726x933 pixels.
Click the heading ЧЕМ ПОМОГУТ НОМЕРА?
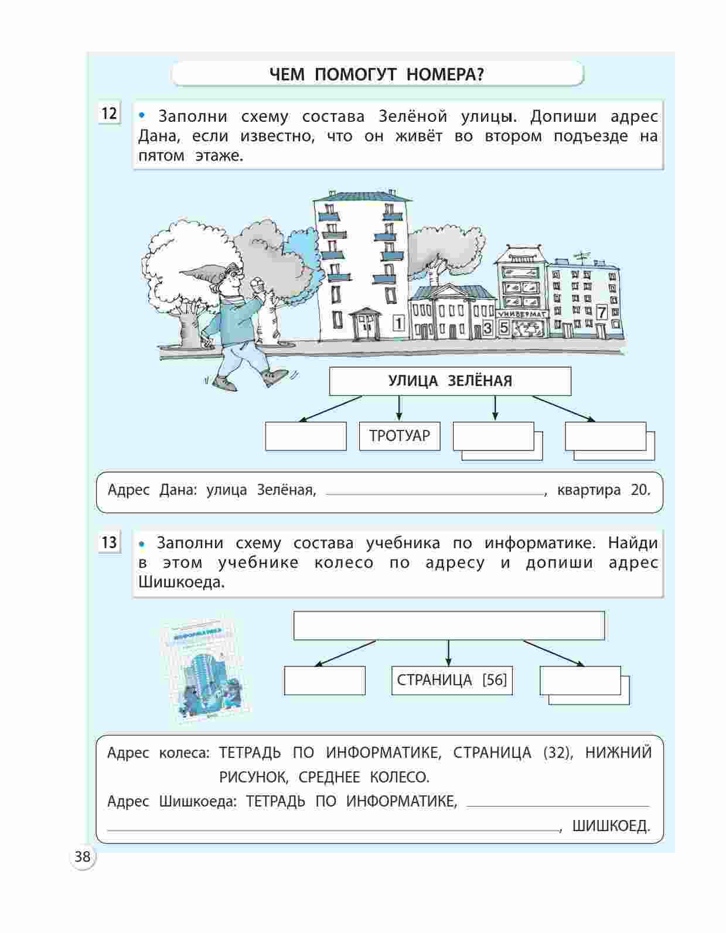[377, 74]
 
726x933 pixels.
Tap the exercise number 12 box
[109, 113]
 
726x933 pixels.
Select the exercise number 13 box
[109, 542]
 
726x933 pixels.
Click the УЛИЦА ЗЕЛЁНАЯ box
[449, 381]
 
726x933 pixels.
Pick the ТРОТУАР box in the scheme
[399, 436]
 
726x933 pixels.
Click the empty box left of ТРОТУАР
[305, 436]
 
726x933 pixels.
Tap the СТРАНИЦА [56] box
[451, 680]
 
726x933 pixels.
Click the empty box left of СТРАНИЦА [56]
[324, 681]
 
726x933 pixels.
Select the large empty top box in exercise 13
[448, 626]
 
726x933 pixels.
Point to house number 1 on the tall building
[398, 323]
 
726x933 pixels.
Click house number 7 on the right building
[601, 313]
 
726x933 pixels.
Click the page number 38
[83, 857]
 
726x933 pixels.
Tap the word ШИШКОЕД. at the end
[611, 826]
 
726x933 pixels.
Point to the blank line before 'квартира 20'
[434, 493]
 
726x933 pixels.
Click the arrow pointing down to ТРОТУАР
[399, 408]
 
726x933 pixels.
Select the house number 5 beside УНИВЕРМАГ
[504, 328]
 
